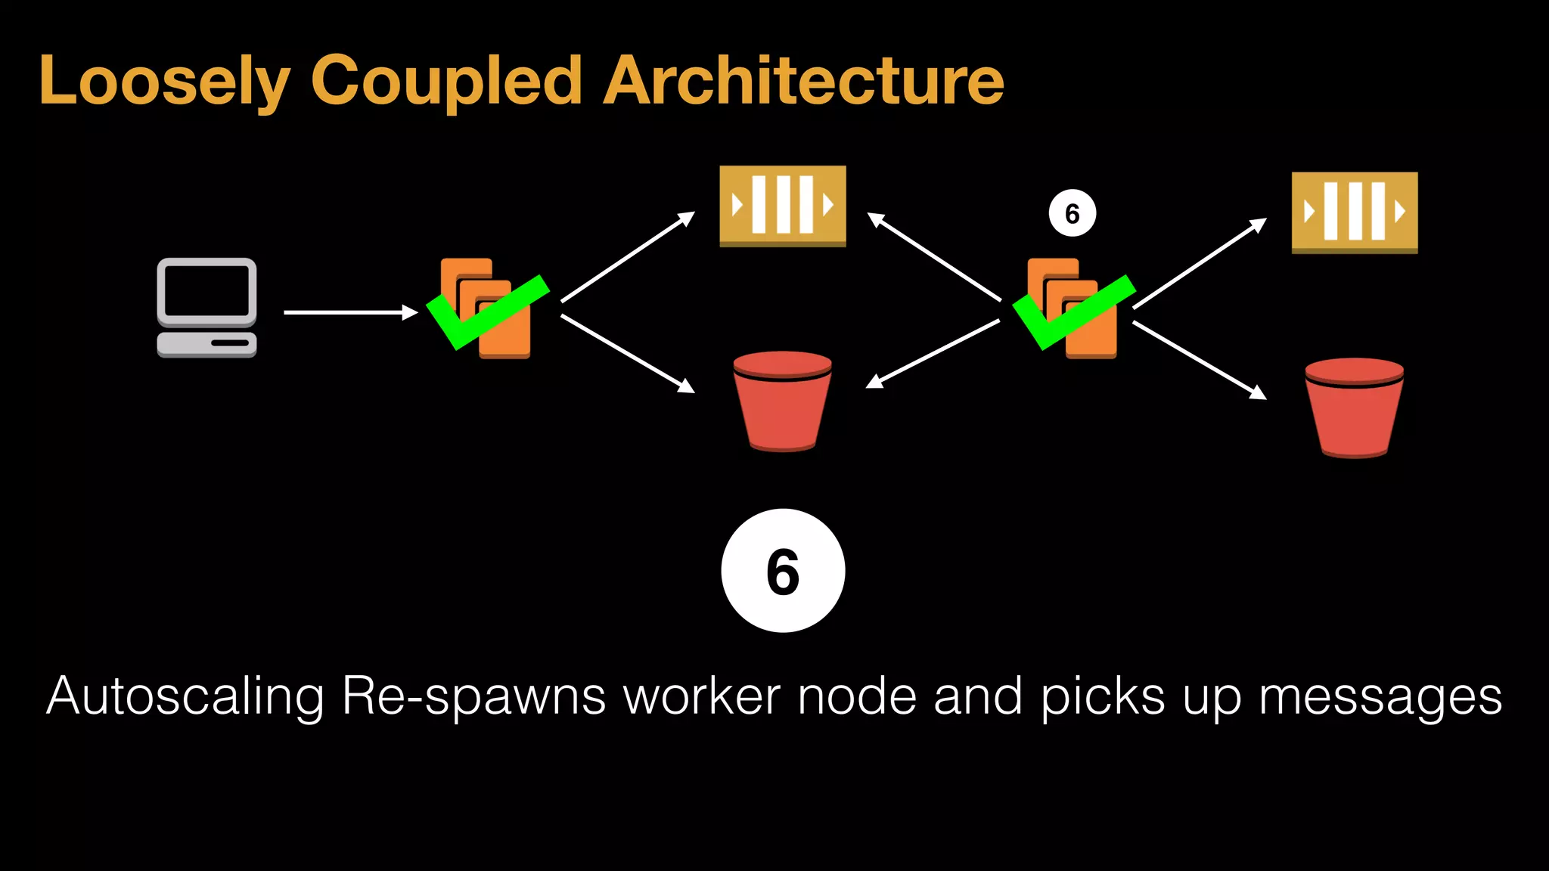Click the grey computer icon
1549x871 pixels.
tap(206, 308)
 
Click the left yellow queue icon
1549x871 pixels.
tap(783, 206)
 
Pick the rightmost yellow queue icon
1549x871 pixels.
tap(1354, 212)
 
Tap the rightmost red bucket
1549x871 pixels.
tap(1354, 408)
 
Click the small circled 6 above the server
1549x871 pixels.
tap(1072, 214)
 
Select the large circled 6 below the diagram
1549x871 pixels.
tap(783, 571)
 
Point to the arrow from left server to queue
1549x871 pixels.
tap(628, 257)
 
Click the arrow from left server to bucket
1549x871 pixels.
tap(628, 353)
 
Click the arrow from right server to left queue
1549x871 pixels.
tap(934, 257)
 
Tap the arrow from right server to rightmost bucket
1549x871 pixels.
tap(1200, 360)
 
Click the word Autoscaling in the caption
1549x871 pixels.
tap(185, 696)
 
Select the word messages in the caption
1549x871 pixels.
tap(1380, 696)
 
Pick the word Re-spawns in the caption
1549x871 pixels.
tap(473, 696)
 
